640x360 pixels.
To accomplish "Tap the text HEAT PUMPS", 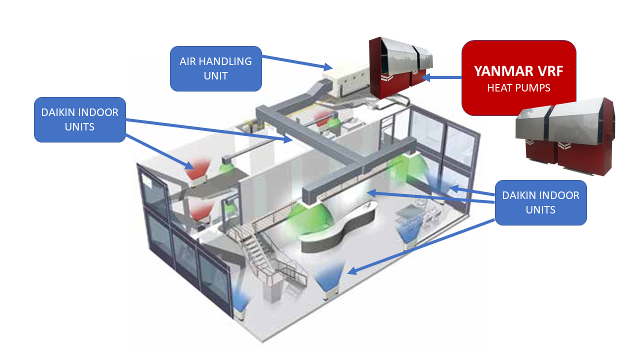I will (518, 88).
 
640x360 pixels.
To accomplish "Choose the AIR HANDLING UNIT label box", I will (215, 68).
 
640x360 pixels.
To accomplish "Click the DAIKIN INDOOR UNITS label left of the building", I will (79, 119).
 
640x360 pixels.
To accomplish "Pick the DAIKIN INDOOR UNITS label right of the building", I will (540, 202).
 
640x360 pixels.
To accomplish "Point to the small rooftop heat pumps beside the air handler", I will (400, 67).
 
